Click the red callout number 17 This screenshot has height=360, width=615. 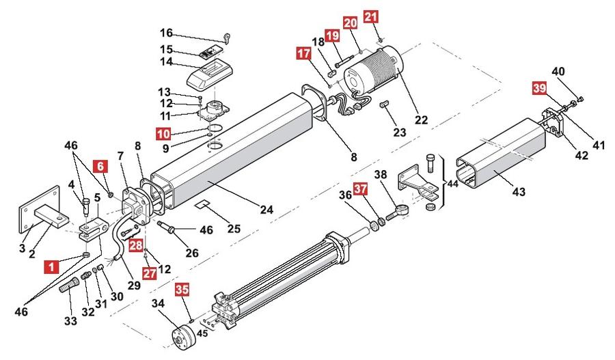coord(303,54)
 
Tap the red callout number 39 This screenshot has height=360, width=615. coord(539,88)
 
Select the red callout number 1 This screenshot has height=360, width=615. coord(51,267)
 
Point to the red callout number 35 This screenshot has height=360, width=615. coord(182,290)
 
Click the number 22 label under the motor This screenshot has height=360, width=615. coord(421,120)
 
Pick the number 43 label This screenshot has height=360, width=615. coord(519,192)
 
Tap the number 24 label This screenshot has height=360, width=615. coord(266,210)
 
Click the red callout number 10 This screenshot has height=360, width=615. coord(163,134)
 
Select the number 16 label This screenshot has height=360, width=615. coord(166,33)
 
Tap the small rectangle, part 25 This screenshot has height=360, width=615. coord(203,204)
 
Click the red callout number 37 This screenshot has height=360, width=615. coord(360,189)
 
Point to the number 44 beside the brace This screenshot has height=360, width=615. coord(452,183)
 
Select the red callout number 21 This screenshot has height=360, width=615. coord(371,17)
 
